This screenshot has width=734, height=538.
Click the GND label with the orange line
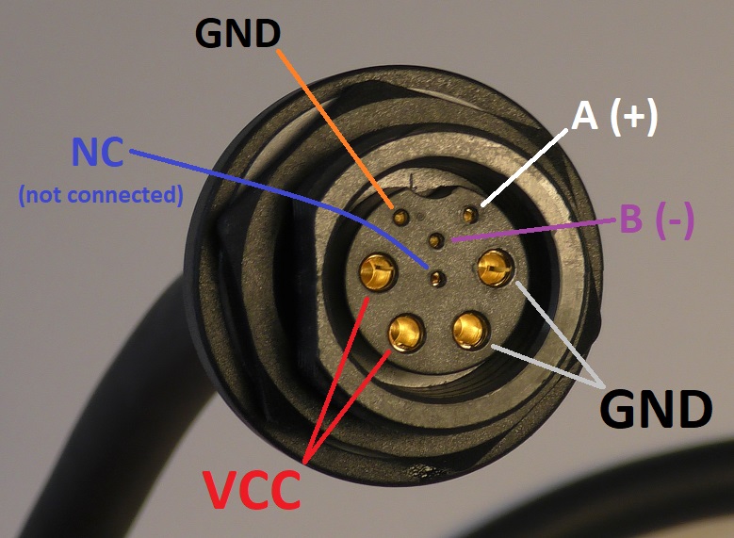click(x=237, y=34)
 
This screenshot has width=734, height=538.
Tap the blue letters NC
click(x=98, y=154)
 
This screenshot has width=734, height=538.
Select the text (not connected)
click(x=99, y=196)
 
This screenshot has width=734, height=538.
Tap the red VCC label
click(x=253, y=488)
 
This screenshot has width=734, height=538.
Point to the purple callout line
click(x=537, y=231)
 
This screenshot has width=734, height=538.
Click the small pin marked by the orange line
click(x=401, y=218)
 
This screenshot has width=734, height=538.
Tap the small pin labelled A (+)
click(x=465, y=217)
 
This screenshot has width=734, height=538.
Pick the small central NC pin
click(x=437, y=278)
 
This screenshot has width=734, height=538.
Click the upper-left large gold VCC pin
click(x=378, y=274)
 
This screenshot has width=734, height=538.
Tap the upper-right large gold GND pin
click(x=493, y=270)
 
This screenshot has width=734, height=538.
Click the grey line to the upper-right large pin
click(x=556, y=330)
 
